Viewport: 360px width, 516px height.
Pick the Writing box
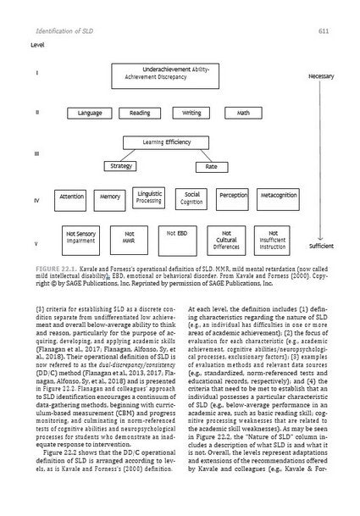(x=191, y=113)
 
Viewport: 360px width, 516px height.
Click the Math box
(x=243, y=113)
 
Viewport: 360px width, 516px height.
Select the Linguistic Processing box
(x=150, y=197)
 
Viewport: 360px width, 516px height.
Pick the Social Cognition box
(x=191, y=197)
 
